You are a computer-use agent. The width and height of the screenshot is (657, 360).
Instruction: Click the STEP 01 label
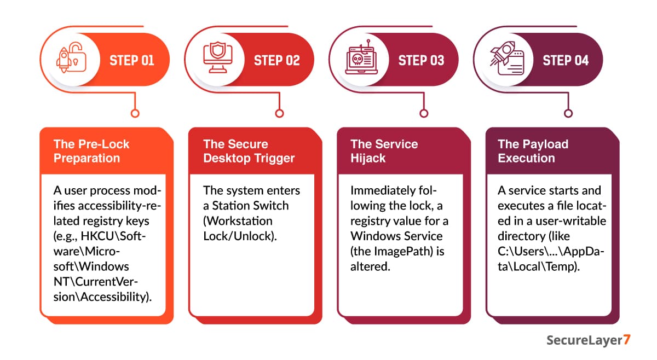pyautogui.click(x=131, y=60)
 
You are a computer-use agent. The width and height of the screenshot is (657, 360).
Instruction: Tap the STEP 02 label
pyautogui.click(x=276, y=60)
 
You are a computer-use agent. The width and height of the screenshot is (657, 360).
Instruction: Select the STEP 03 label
pyautogui.click(x=421, y=60)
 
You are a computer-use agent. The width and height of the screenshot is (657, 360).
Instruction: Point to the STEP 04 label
pyautogui.click(x=566, y=60)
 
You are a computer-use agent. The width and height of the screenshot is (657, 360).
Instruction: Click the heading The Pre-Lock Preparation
pyautogui.click(x=91, y=151)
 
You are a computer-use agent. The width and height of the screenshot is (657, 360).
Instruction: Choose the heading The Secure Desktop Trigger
pyautogui.click(x=249, y=151)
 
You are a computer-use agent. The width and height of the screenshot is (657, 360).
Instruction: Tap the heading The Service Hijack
pyautogui.click(x=384, y=151)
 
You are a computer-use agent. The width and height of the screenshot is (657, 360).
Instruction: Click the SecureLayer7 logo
pyautogui.click(x=588, y=340)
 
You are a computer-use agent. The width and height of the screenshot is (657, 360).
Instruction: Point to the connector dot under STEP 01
pyautogui.click(x=135, y=113)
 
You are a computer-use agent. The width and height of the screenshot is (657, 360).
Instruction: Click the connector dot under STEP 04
pyautogui.click(x=568, y=113)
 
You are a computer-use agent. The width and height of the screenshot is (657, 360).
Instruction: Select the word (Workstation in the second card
pyautogui.click(x=238, y=221)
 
